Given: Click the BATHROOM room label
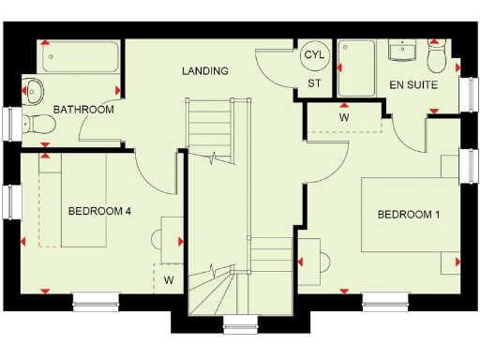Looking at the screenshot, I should tap(83, 110).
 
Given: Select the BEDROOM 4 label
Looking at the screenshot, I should tap(99, 211).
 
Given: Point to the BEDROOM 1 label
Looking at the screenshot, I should tap(409, 215).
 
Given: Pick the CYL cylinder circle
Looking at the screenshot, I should tap(313, 55).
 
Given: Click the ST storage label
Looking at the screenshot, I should tap(314, 82).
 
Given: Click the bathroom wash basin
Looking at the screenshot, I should tap(35, 91).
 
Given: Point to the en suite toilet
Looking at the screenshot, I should tap(436, 58).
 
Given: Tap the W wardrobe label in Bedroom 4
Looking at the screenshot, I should tap(169, 279).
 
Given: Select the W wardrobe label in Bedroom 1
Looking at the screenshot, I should tap(344, 118).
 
